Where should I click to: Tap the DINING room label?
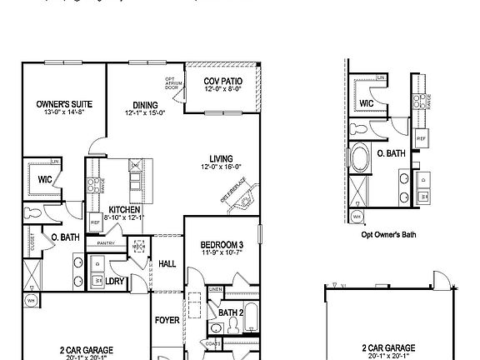coord(145,105)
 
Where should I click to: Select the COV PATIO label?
coord(223,81)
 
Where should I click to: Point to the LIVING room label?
coord(221,158)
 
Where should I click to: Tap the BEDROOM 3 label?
coord(221,244)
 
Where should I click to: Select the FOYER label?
coord(167,319)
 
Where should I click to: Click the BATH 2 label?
coord(230,312)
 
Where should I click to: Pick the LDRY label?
coord(114,281)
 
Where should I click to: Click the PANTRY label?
coord(105,242)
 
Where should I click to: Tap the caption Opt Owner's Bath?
coord(388,235)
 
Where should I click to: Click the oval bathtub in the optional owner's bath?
coord(363,158)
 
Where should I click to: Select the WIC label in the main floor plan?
coord(44,177)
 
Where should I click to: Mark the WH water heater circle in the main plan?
coord(31,300)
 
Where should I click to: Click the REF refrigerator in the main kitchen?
coord(96,222)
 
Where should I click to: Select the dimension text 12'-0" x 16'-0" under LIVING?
coord(221,167)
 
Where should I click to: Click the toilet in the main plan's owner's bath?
coord(32,212)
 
